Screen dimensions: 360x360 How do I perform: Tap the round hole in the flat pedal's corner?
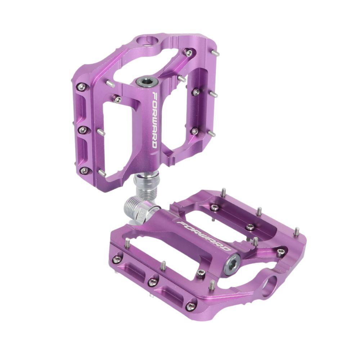click(270, 286)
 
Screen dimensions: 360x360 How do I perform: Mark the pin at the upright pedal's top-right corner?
click(215, 53)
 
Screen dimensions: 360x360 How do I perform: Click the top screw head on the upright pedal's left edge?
click(82, 86)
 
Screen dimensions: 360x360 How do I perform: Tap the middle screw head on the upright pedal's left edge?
click(83, 129)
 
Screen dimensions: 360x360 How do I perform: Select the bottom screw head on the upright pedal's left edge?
click(84, 170)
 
